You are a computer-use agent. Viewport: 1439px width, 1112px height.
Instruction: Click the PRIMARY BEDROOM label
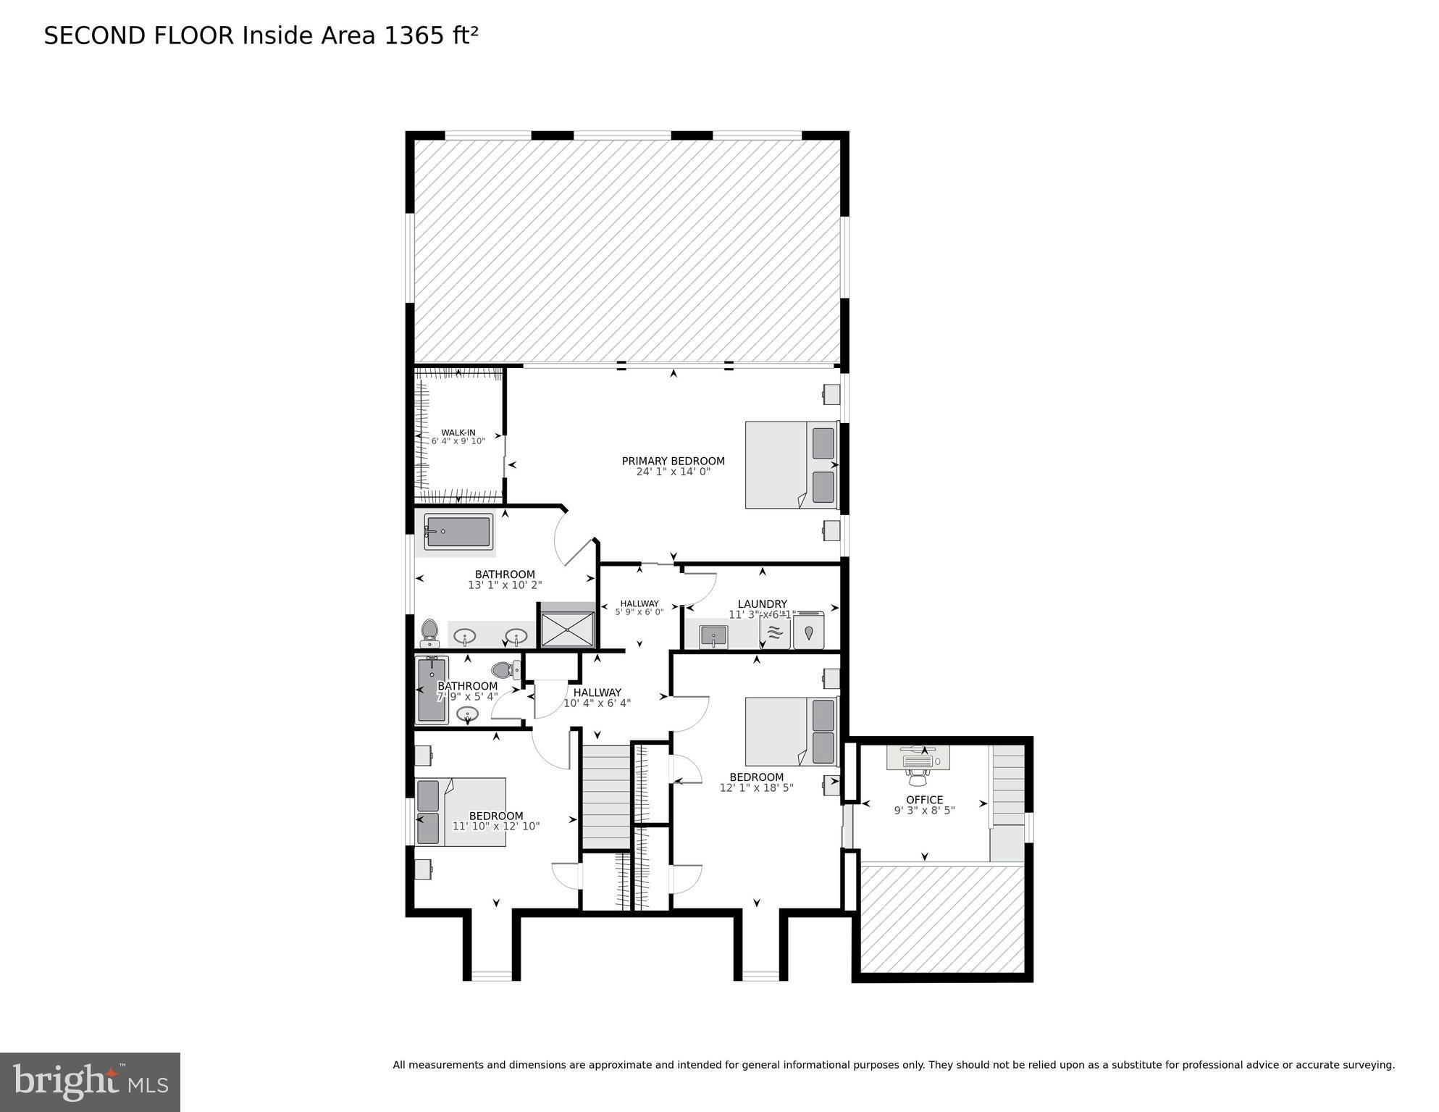[673, 461]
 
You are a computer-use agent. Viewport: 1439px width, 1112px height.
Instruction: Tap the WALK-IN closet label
[458, 433]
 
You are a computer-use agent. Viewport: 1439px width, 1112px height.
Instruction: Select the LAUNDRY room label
[762, 604]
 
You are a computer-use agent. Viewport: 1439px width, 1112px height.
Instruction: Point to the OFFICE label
[924, 800]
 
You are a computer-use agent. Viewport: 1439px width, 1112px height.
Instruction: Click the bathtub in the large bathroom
[458, 532]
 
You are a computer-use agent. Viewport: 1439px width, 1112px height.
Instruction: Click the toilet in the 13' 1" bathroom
[429, 632]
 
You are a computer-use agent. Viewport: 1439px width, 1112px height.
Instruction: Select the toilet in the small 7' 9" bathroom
[504, 670]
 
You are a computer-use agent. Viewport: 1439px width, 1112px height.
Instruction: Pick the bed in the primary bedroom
[792, 465]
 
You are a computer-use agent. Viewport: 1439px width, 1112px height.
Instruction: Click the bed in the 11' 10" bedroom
[460, 812]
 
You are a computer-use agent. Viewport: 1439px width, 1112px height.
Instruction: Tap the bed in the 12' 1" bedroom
[792, 731]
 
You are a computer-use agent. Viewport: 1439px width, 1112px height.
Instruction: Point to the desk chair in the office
[919, 777]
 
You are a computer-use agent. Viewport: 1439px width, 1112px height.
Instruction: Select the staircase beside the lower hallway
[606, 796]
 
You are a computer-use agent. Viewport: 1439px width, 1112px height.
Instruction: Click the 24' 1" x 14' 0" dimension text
[673, 472]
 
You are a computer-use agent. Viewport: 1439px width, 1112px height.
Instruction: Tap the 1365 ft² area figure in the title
[431, 35]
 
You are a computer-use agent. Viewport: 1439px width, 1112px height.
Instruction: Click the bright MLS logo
[90, 1082]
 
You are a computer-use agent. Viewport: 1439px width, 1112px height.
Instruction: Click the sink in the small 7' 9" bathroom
[468, 714]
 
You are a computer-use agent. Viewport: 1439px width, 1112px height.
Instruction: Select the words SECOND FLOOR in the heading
[139, 35]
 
